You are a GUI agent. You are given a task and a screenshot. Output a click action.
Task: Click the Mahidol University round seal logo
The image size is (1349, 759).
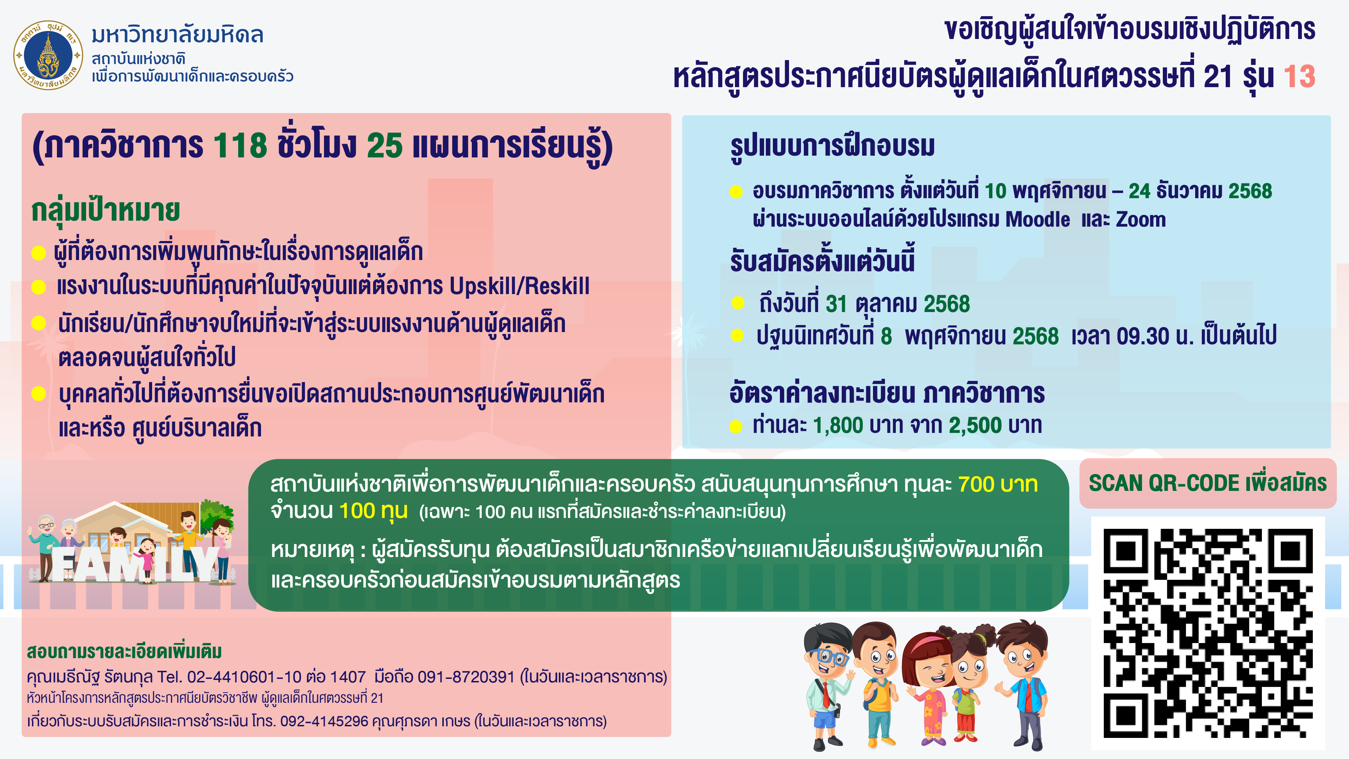tap(48, 55)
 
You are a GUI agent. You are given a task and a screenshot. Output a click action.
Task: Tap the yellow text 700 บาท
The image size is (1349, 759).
tap(998, 485)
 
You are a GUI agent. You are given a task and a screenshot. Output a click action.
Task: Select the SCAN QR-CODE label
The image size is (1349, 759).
tap(1208, 483)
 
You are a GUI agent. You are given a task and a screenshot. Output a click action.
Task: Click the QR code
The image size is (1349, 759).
tap(1208, 633)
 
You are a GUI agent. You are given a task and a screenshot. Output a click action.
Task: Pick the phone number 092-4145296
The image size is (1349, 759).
tap(324, 721)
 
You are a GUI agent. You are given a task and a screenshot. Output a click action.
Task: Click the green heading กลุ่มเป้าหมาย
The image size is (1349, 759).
tap(106, 210)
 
